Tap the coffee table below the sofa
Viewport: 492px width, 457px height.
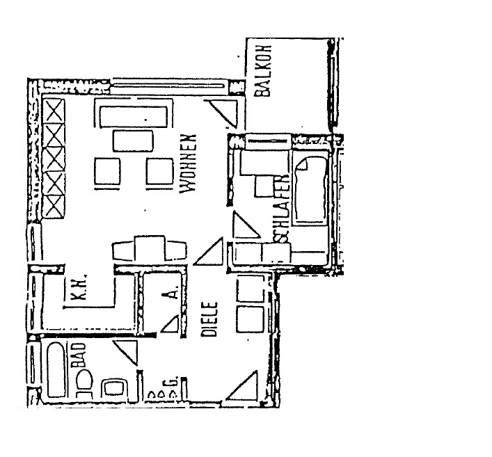tap(134, 141)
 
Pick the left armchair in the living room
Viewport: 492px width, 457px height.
tap(108, 171)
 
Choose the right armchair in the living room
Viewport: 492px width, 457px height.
tap(159, 171)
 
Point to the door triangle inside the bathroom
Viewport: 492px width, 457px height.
tap(125, 351)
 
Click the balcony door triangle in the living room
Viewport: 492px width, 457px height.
tap(223, 110)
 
